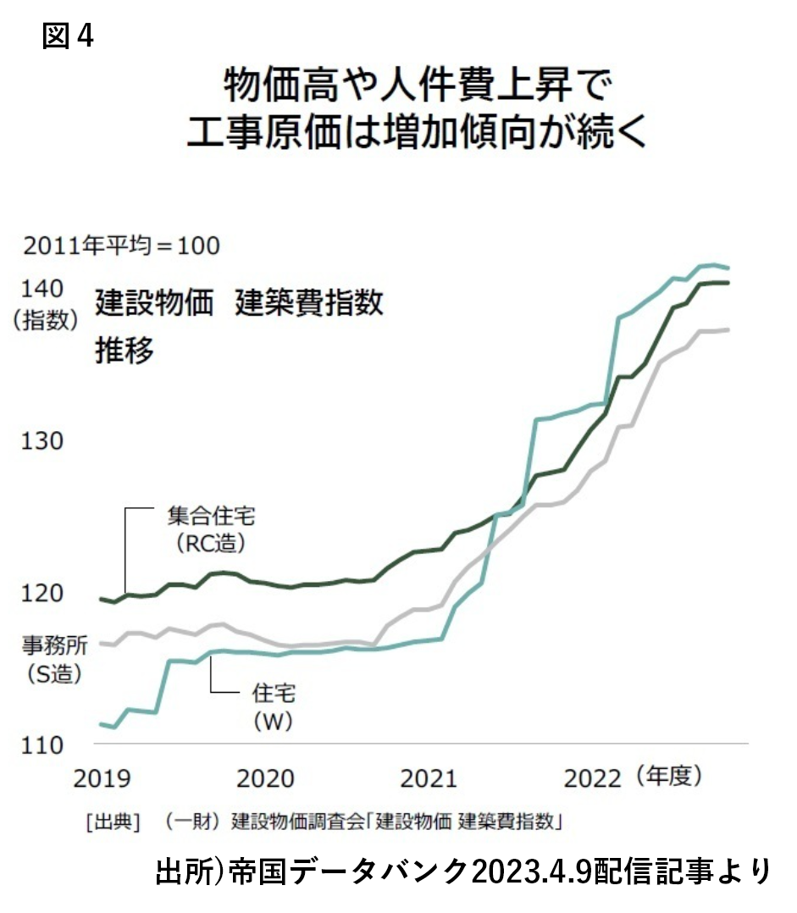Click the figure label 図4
[68, 36]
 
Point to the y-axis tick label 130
[42, 441]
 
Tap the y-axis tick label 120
[42, 593]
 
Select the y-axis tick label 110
[42, 744]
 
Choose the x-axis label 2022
[593, 778]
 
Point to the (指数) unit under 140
[44, 320]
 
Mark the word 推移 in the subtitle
[125, 351]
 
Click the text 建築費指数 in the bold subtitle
[310, 302]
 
